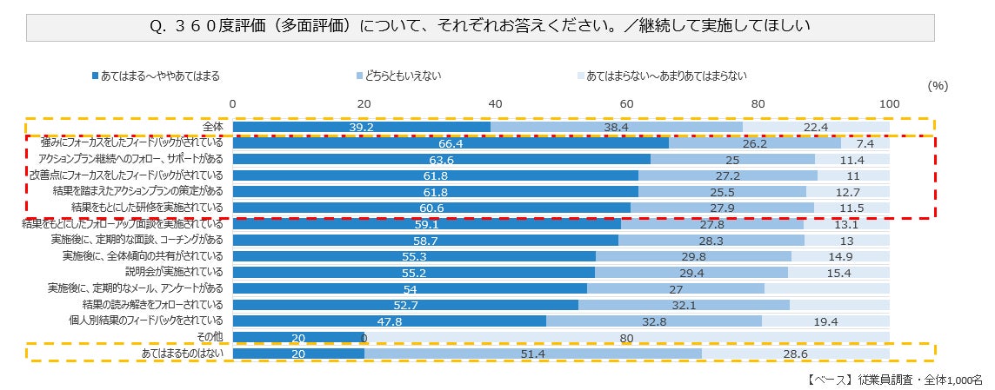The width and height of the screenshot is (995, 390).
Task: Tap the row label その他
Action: (210, 337)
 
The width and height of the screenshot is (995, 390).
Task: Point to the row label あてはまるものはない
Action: (183, 354)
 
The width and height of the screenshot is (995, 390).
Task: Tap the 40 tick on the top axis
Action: (496, 104)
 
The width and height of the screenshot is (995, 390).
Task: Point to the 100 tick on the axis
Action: (889, 104)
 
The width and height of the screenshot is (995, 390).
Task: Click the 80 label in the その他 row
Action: (626, 337)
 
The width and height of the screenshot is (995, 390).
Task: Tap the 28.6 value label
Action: (796, 354)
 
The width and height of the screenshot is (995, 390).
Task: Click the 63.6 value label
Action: (442, 160)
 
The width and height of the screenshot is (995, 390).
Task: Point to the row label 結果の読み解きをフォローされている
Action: (153, 305)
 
